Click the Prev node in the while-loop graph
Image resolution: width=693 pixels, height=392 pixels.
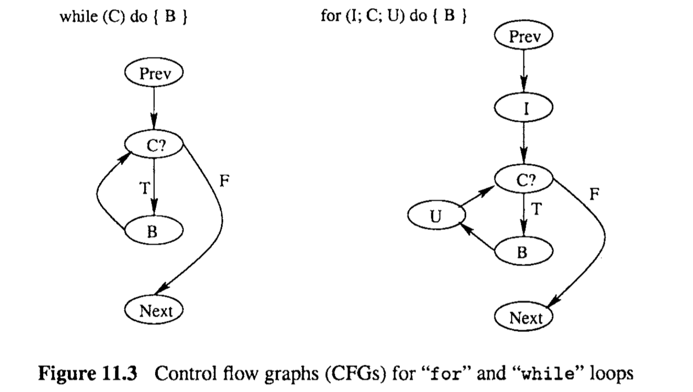coord(154,75)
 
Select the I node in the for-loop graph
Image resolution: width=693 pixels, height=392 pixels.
coord(524,109)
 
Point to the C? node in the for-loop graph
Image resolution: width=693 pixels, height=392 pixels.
coord(524,180)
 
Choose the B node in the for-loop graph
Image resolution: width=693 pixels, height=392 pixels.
coord(524,252)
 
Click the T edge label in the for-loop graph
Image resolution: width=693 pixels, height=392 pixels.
coord(536,209)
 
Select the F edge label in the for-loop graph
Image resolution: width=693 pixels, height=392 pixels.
coord(594,195)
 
